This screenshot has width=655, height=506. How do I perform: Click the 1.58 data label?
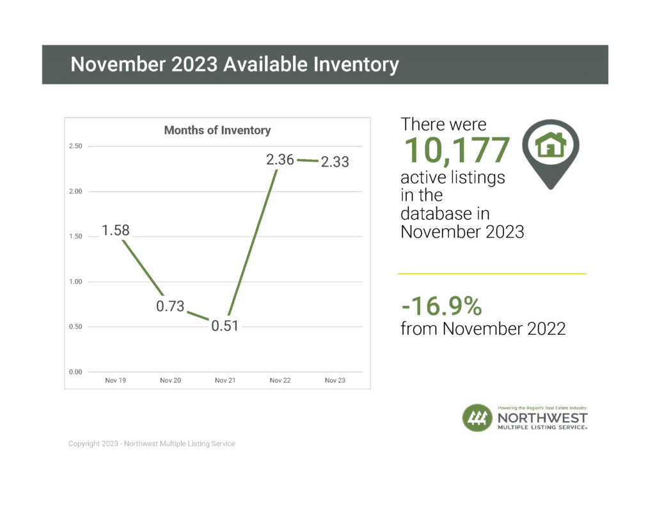pos(116,230)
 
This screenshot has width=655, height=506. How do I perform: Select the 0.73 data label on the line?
pos(170,307)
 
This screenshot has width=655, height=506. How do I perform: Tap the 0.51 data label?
pos(225,326)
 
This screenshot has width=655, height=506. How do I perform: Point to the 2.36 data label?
pos(280,160)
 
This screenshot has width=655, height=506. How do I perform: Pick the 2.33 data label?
pos(335,162)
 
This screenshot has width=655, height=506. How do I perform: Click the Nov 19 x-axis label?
pos(116,381)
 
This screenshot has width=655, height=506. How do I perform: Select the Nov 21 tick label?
pos(225,381)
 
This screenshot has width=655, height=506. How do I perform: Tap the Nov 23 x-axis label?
pos(335,381)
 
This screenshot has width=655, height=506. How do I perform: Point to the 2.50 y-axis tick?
pos(75,146)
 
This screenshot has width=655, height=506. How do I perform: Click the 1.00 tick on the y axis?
pos(75,282)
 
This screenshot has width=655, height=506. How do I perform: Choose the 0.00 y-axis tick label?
pos(75,372)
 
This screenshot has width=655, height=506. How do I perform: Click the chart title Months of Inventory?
pos(217,130)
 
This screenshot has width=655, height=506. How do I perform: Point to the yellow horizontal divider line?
pos(492,273)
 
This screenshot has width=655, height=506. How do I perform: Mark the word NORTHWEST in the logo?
pos(542,417)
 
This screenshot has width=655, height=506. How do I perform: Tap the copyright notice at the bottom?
pos(152,443)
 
